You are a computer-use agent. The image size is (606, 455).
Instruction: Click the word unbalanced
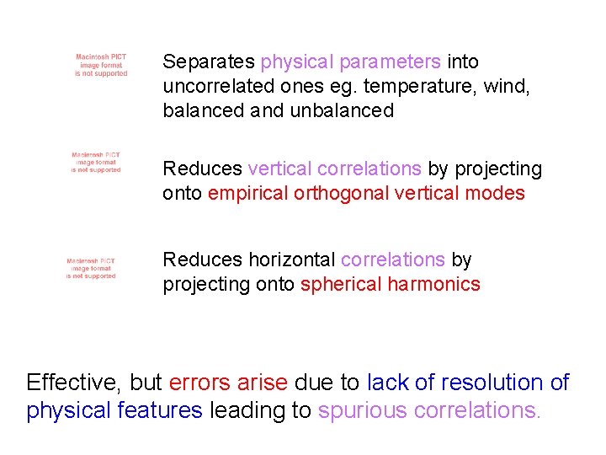[x=342, y=110]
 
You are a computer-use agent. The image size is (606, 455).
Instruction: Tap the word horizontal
[x=292, y=260]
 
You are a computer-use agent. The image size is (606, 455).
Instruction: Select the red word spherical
[x=341, y=284]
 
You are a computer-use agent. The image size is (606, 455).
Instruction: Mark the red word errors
[x=199, y=383]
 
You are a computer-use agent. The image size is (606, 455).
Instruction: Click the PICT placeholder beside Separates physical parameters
[x=101, y=66]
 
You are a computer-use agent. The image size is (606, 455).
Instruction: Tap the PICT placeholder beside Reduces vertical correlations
[x=96, y=163]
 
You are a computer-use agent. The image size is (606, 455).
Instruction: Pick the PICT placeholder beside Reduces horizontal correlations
[x=91, y=269]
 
